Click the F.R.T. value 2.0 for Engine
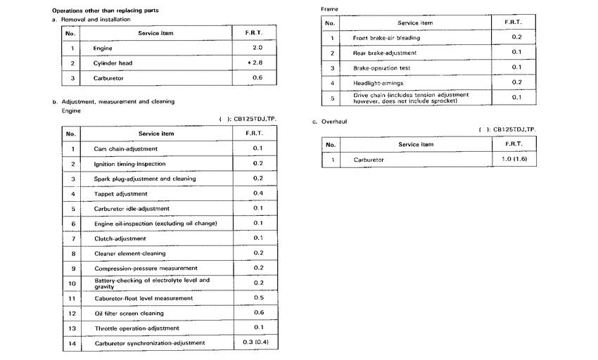(x=257, y=48)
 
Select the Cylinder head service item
(x=113, y=63)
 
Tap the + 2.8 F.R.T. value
(x=255, y=63)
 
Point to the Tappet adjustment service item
(x=120, y=193)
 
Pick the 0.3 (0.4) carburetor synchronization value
(x=256, y=342)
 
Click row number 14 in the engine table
(x=71, y=343)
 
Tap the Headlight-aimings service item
(x=378, y=83)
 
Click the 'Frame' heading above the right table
(x=329, y=8)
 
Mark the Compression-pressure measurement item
(x=146, y=268)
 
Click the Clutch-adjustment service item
(x=115, y=238)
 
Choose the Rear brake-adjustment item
(x=384, y=53)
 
